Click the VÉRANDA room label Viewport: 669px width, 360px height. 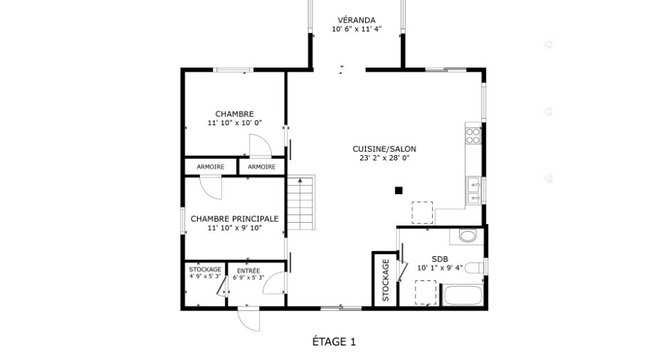(x=357, y=20)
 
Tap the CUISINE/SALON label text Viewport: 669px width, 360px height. (x=384, y=149)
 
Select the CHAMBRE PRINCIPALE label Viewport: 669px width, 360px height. (x=235, y=219)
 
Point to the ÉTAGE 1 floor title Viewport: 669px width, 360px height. (x=334, y=342)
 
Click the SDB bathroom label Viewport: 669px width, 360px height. (x=440, y=259)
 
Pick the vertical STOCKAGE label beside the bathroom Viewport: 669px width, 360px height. (x=386, y=280)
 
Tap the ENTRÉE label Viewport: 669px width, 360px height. (x=248, y=271)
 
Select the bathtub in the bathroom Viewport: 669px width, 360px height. (x=463, y=295)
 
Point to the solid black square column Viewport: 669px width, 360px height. (x=399, y=191)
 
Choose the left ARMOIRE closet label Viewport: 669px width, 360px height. (x=211, y=166)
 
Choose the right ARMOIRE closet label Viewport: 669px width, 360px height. (x=261, y=166)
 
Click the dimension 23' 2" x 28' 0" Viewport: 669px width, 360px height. (x=384, y=158)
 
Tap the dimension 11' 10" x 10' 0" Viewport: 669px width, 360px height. (x=235, y=123)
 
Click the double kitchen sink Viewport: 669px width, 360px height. (x=474, y=191)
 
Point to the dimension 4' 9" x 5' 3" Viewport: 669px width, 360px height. (x=205, y=276)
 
